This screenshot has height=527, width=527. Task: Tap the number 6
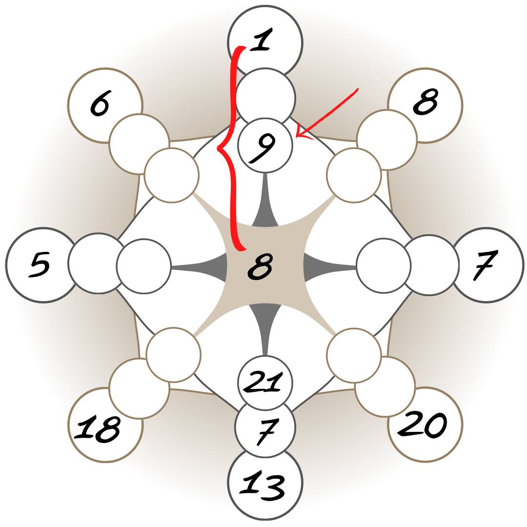coord(100,104)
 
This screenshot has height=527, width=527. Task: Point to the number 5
coord(40,264)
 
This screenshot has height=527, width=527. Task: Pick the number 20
coord(424,424)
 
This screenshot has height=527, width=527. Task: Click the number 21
coord(264,382)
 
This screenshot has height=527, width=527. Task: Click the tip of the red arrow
coord(297,136)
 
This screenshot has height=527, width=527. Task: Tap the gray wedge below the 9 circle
coord(265,215)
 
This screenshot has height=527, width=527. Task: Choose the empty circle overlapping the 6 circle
coord(138,144)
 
